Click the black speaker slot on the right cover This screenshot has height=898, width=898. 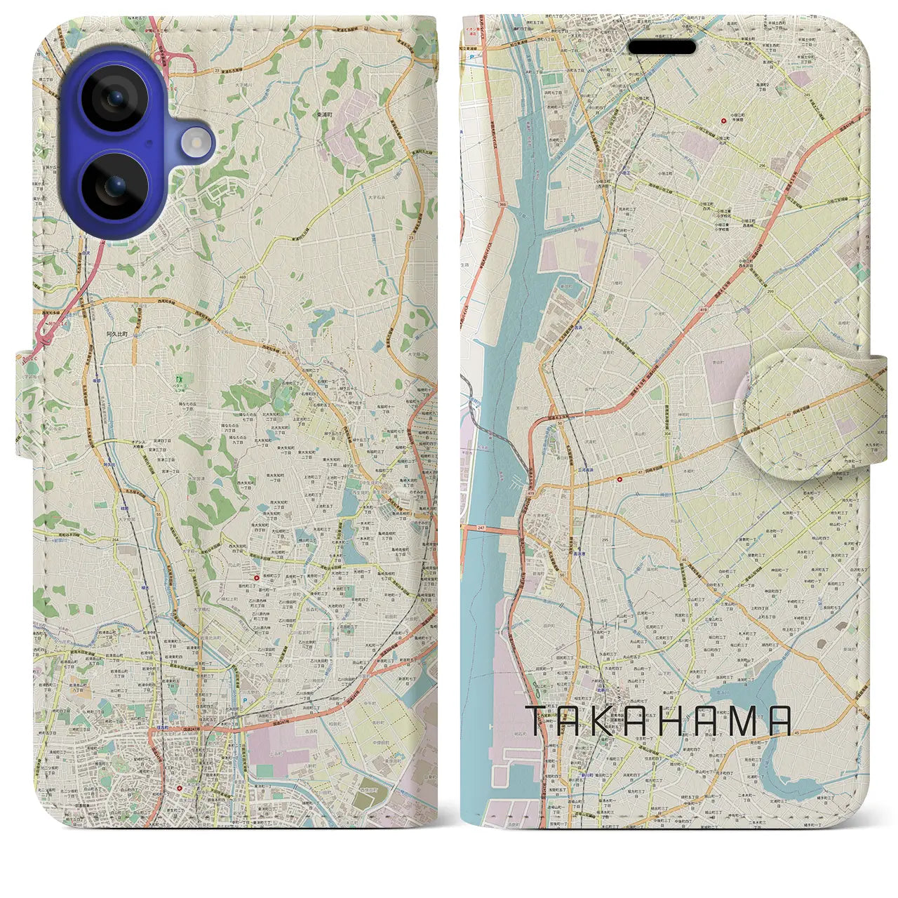662,47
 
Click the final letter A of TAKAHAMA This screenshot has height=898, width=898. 779,721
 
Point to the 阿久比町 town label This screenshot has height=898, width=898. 117,335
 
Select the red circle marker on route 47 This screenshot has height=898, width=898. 620,480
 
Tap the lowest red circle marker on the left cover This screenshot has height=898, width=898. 180,788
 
